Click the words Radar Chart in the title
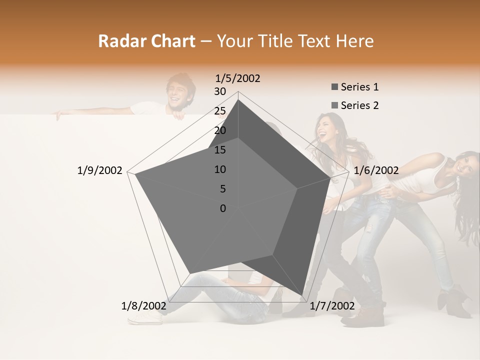point(146,41)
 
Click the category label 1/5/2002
point(238,78)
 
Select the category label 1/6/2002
point(376,170)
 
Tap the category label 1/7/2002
point(332,305)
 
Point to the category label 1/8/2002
point(144,305)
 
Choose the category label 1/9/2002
point(100,170)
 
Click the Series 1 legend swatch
point(335,87)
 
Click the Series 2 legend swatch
point(335,105)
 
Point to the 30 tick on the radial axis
point(220,91)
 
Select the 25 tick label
point(220,111)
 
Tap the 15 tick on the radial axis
point(220,150)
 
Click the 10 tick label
point(220,169)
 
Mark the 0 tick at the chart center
point(223,208)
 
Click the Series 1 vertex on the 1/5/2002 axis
point(238,99)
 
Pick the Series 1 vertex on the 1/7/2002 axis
point(302,296)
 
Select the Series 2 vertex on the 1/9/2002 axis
point(135,174)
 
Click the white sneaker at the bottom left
point(145,318)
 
